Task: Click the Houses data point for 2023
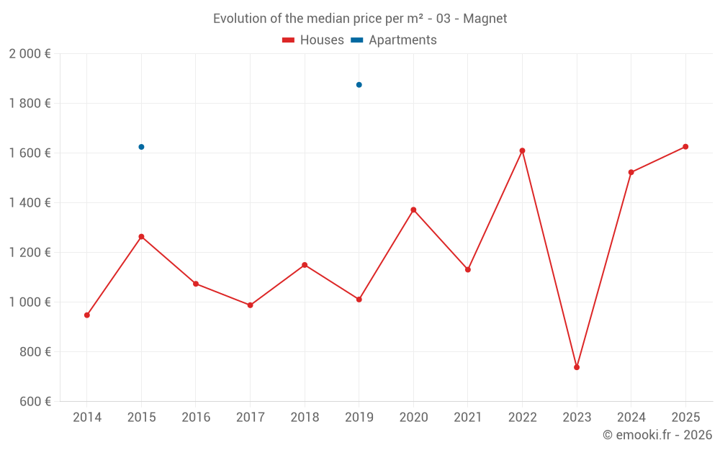[x=577, y=367]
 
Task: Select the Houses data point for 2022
[x=522, y=150]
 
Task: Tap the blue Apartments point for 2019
[x=359, y=85]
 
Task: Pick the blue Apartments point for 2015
[x=141, y=147]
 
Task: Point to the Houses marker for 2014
[x=87, y=315]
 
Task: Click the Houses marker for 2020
[x=413, y=210]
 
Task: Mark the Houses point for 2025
[x=685, y=147]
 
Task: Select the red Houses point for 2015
[x=141, y=236]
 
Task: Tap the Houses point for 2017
[x=250, y=305]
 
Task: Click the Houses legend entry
[x=313, y=40]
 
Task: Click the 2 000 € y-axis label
[x=30, y=54]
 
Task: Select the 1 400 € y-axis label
[x=30, y=203]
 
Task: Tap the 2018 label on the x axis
[x=305, y=418]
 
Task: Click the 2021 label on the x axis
[x=468, y=418]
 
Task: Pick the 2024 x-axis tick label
[x=631, y=418]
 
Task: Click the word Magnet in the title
[x=485, y=19]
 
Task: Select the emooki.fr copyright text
[x=657, y=435]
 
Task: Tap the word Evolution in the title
[x=239, y=19]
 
